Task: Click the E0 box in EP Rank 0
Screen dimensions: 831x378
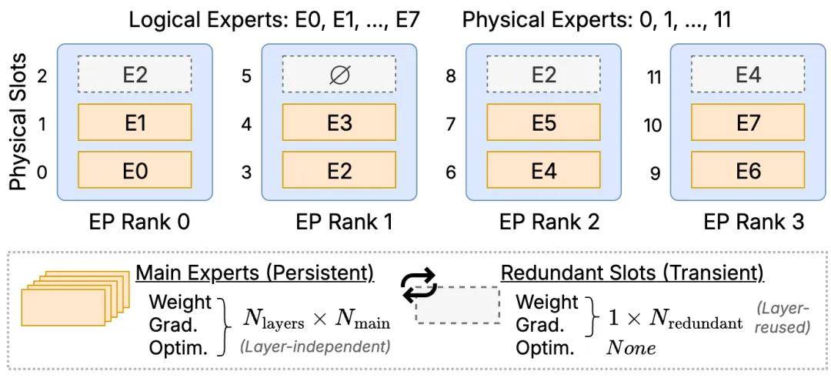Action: point(135,171)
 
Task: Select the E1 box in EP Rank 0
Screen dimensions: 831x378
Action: point(135,122)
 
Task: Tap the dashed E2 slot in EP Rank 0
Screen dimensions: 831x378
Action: point(135,75)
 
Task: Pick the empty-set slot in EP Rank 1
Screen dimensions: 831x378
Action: point(339,75)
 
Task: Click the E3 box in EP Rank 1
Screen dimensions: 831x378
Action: point(339,122)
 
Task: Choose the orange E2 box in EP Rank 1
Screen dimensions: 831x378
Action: point(339,171)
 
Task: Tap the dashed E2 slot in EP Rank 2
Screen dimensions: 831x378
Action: point(543,75)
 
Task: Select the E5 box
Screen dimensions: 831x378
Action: point(543,122)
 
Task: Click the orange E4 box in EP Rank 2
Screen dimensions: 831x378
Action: point(543,171)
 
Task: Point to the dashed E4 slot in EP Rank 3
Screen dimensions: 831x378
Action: point(748,75)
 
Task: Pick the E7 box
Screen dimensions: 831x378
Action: point(748,122)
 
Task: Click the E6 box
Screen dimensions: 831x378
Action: point(748,171)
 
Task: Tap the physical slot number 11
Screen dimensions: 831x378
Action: point(655,78)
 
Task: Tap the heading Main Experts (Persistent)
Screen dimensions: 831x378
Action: point(256,274)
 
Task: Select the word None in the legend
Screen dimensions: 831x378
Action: point(631,348)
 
